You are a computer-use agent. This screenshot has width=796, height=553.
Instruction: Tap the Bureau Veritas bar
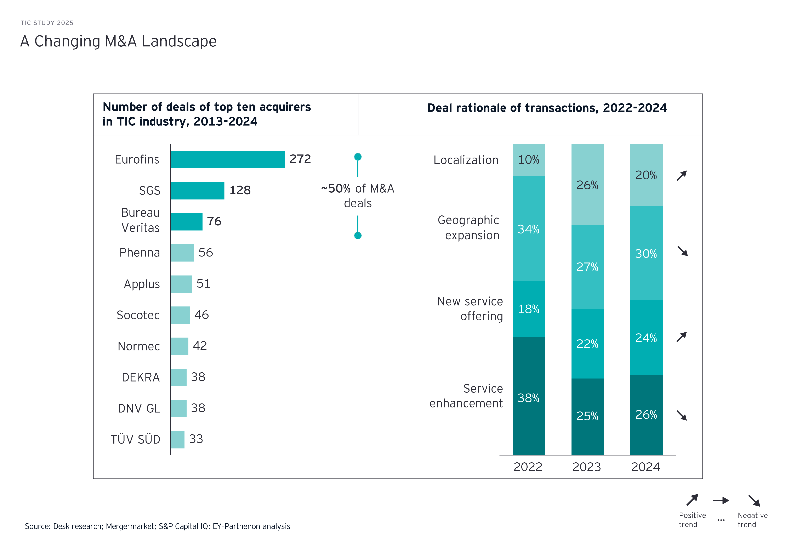(x=186, y=222)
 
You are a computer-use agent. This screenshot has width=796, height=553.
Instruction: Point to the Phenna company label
(x=140, y=253)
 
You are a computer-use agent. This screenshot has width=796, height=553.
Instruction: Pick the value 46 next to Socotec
(x=201, y=315)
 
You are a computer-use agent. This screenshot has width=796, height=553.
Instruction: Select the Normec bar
(x=179, y=346)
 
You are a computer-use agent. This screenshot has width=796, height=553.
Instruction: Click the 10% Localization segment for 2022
(x=529, y=160)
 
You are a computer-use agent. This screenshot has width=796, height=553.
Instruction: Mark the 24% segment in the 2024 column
(x=646, y=338)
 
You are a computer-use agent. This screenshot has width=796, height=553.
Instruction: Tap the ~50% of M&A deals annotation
(x=357, y=196)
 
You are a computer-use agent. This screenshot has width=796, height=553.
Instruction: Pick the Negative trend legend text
(x=752, y=520)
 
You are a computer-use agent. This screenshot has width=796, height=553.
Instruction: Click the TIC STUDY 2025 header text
(x=47, y=23)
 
